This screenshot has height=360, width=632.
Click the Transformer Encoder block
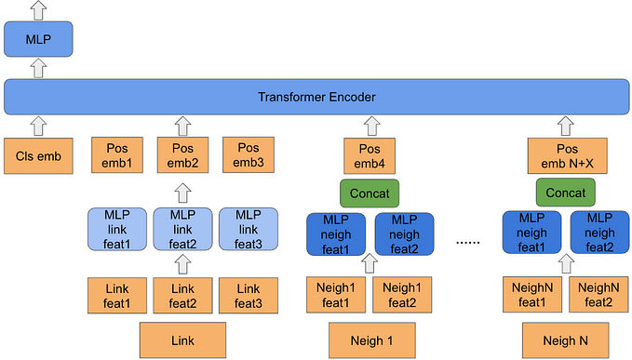[316, 97]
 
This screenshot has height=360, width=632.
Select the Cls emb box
[38, 156]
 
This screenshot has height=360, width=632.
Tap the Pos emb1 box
[117, 155]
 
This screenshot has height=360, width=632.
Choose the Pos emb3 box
[249, 155]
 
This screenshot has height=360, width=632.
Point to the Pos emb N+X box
[567, 156]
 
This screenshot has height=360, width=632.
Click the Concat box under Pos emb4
[370, 193]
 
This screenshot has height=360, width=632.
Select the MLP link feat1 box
[117, 229]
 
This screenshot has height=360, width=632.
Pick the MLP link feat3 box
[249, 229]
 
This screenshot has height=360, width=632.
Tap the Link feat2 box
[182, 295]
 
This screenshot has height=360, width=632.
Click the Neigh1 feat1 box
[336, 295]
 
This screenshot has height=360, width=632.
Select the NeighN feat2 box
[598, 295]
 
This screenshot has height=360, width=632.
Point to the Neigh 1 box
[372, 340]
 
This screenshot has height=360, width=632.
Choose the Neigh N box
[566, 340]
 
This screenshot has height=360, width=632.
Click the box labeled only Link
[182, 340]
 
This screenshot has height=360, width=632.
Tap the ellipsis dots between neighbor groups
[467, 243]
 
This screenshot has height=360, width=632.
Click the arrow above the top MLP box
[39, 10]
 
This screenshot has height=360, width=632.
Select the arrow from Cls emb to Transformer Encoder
[39, 126]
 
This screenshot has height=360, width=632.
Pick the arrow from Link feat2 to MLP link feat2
[183, 264]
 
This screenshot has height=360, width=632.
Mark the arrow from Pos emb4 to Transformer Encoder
[371, 126]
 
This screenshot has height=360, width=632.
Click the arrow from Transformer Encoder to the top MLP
[39, 68]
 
